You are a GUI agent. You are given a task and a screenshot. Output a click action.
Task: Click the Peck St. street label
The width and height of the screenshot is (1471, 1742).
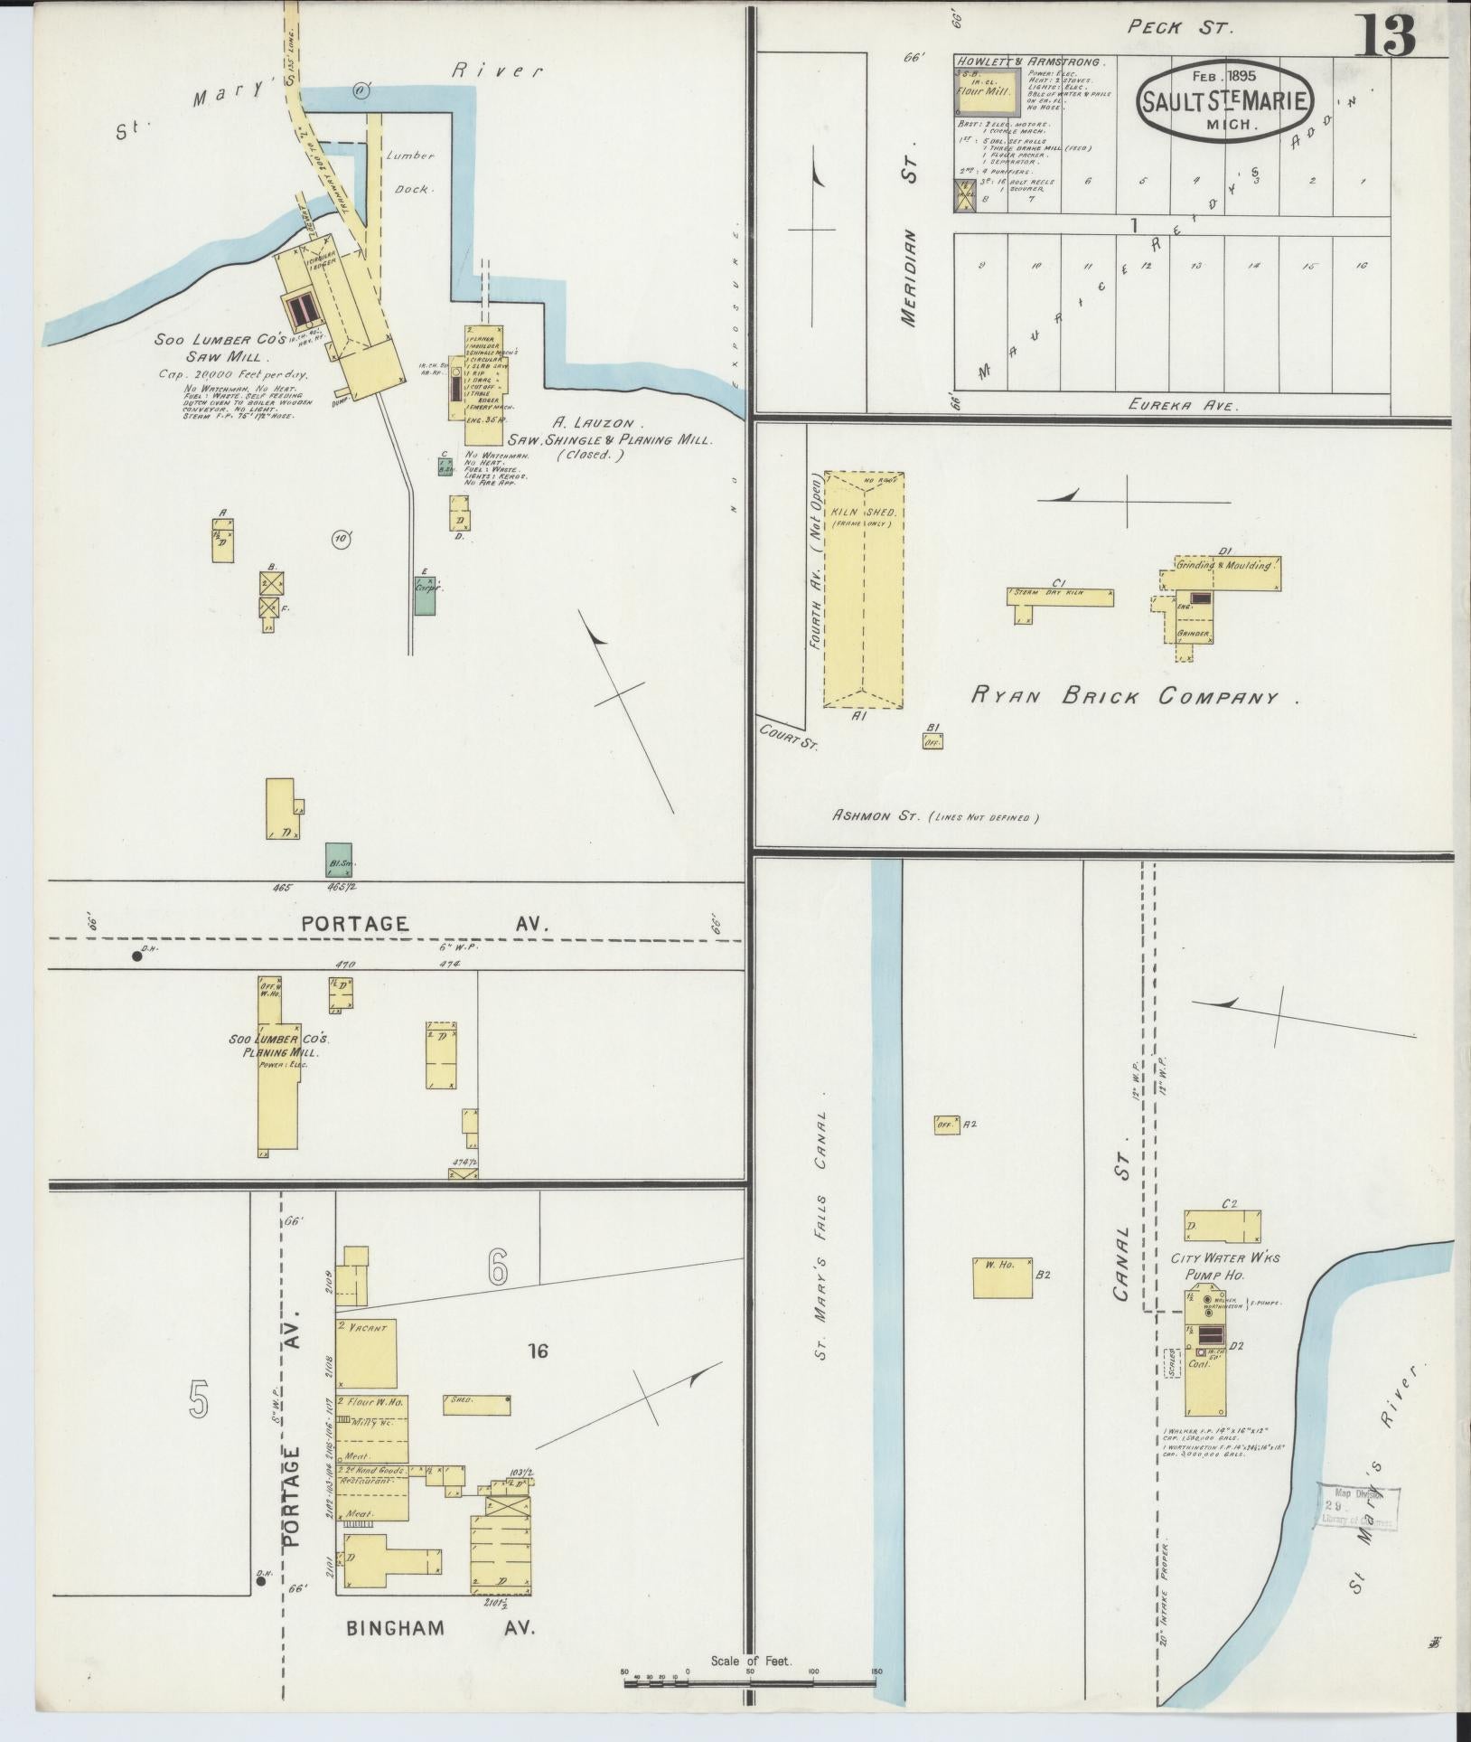[x=1178, y=28]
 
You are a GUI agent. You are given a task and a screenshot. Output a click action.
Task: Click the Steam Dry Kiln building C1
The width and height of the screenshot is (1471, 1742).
[x=1059, y=597]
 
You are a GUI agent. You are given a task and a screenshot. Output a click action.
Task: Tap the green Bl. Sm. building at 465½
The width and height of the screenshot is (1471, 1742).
[x=339, y=859]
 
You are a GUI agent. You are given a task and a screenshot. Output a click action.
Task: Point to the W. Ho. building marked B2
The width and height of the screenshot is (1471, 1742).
[x=1002, y=1277]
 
